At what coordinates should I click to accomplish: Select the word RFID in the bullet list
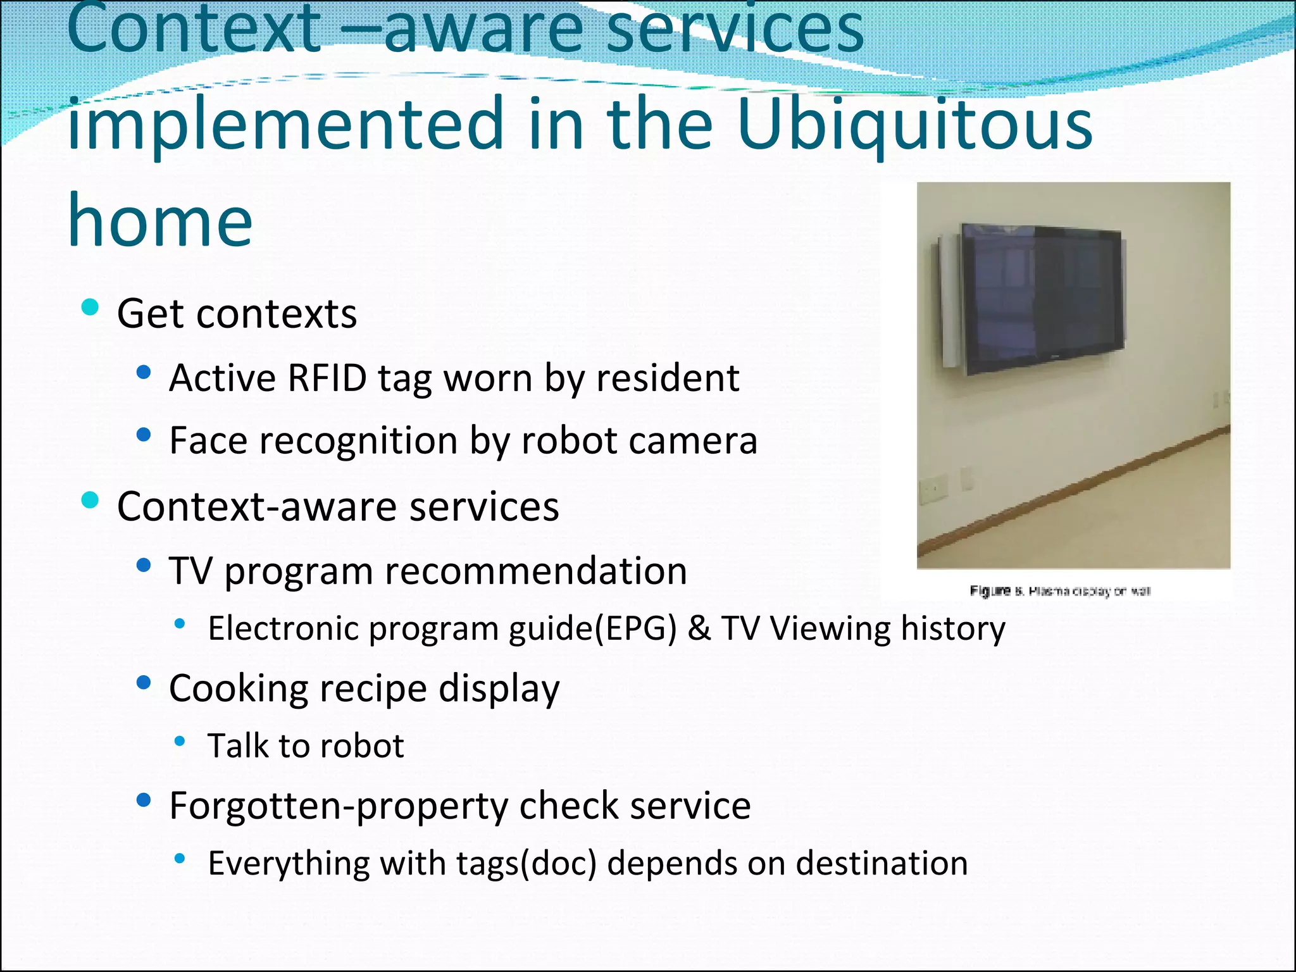pyautogui.click(x=327, y=378)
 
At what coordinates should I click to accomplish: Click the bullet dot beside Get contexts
pyautogui.click(x=90, y=308)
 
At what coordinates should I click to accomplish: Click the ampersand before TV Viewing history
pyautogui.click(x=699, y=628)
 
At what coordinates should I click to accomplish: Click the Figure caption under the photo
pyautogui.click(x=1060, y=591)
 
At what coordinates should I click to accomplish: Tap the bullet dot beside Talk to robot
pyautogui.click(x=180, y=741)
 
